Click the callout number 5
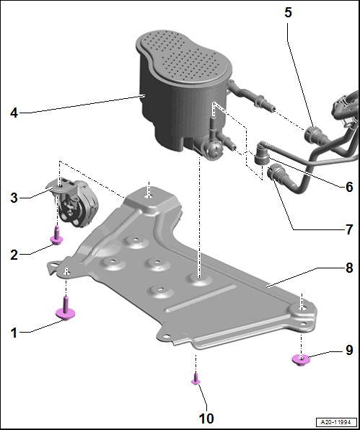click(x=288, y=12)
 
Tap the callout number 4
click(x=14, y=113)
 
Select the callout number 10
click(x=206, y=418)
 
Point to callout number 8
click(x=349, y=268)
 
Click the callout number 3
click(x=14, y=198)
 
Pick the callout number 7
click(x=349, y=229)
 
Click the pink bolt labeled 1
click(x=65, y=310)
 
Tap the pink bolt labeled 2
click(x=57, y=236)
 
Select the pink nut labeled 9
click(x=301, y=360)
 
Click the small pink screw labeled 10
click(x=196, y=379)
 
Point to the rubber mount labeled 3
click(x=73, y=203)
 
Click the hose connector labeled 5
click(x=315, y=134)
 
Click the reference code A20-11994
click(x=336, y=422)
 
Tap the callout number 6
click(x=349, y=187)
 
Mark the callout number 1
click(x=14, y=333)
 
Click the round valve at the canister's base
click(x=214, y=151)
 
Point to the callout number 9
click(x=349, y=350)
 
